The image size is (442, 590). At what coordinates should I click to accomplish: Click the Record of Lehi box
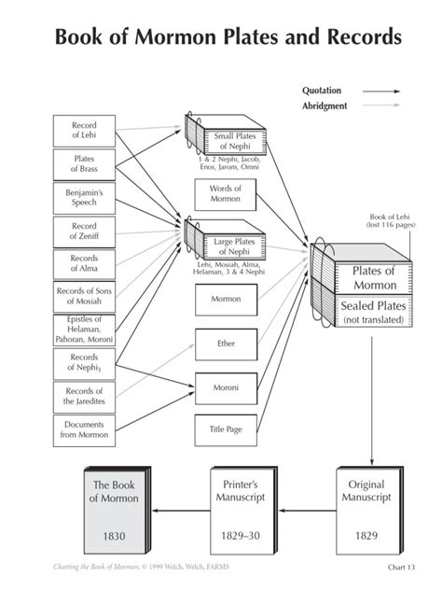[x=84, y=131]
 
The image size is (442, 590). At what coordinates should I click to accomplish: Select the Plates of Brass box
[x=84, y=164]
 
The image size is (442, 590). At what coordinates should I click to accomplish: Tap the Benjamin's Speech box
[x=84, y=198]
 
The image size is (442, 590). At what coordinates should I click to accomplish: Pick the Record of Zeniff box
[x=84, y=232]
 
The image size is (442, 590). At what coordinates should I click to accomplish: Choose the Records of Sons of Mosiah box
[x=84, y=297]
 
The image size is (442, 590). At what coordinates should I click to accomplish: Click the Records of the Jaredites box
[x=84, y=397]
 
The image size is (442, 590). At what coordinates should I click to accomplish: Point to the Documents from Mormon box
[x=84, y=430]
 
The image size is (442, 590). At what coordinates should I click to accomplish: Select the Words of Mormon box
[x=225, y=194]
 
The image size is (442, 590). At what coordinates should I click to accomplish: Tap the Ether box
[x=226, y=344]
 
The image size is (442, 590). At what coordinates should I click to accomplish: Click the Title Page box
[x=226, y=430]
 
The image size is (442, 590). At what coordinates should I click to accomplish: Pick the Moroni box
[x=226, y=388]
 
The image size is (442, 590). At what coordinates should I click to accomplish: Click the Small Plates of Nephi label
[x=235, y=141]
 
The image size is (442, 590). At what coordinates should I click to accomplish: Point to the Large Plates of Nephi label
[x=234, y=246]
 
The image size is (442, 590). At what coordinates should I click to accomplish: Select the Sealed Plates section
[x=373, y=312]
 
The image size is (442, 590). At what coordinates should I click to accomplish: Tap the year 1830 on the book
[x=114, y=536]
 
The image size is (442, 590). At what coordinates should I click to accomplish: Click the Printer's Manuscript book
[x=243, y=511]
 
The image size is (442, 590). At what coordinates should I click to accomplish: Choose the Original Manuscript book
[x=369, y=511]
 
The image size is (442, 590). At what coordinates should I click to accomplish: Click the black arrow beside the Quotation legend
[x=381, y=91]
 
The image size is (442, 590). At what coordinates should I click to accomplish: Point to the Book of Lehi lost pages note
[x=391, y=221]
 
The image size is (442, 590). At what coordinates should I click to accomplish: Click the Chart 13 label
[x=401, y=567]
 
